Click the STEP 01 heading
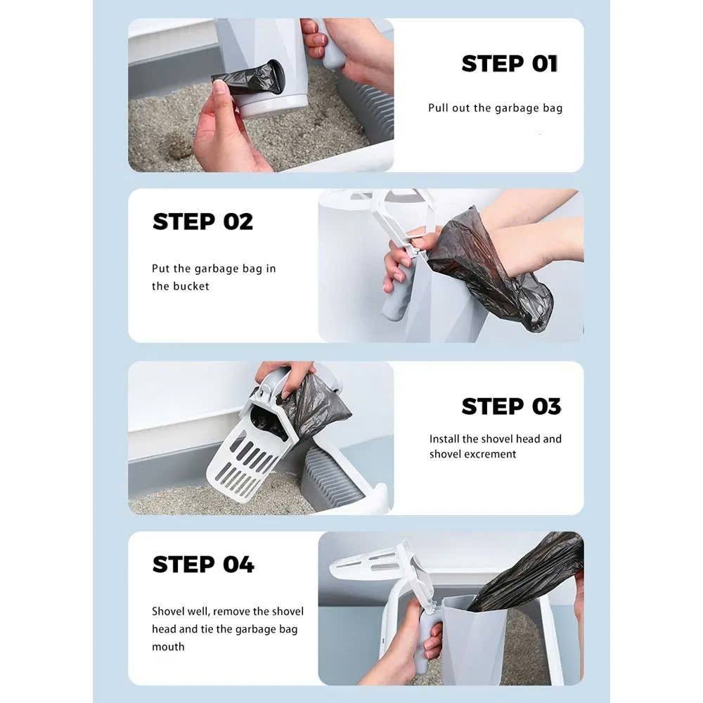point(510,63)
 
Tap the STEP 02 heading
point(202,221)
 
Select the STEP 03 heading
point(511,406)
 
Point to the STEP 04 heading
point(203,564)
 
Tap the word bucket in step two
point(193,286)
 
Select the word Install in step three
point(444,439)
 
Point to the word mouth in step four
point(168,647)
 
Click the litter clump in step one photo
point(177,147)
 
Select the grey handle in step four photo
point(425,641)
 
